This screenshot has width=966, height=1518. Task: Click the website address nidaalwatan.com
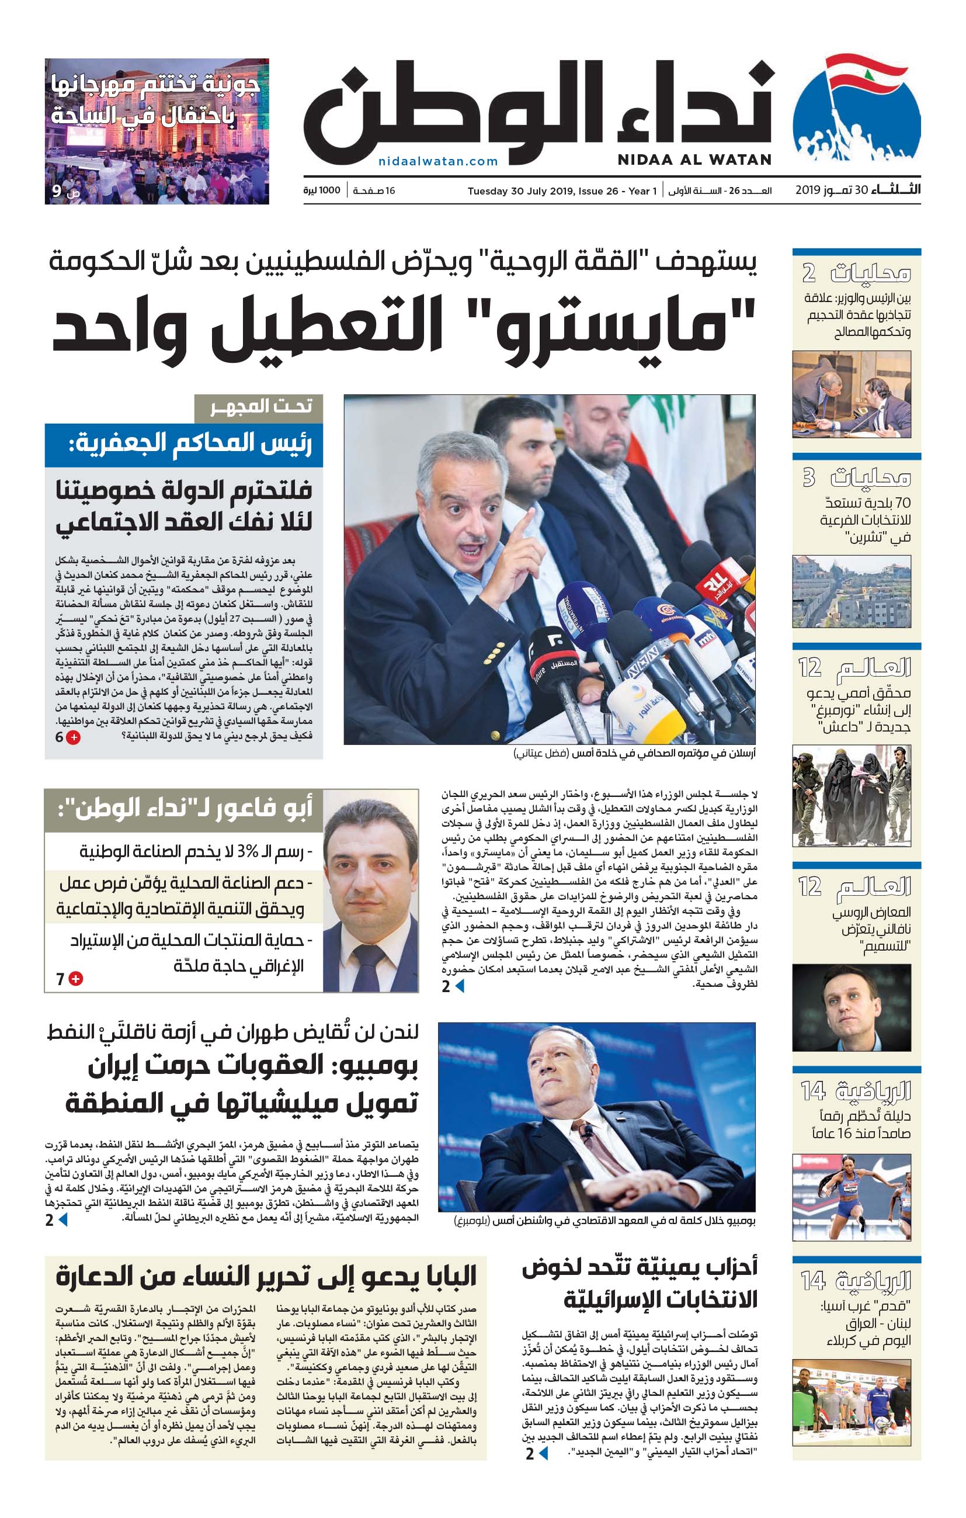coord(438,161)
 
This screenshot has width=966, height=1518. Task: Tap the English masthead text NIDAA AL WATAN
coord(694,160)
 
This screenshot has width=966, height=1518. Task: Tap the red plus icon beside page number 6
coord(74,737)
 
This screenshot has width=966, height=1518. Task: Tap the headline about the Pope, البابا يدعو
coord(266,1276)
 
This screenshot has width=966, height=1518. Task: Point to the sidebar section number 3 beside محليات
coord(808,477)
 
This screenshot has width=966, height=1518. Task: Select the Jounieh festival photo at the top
coord(157,131)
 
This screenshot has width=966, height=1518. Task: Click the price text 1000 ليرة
coord(321,190)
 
